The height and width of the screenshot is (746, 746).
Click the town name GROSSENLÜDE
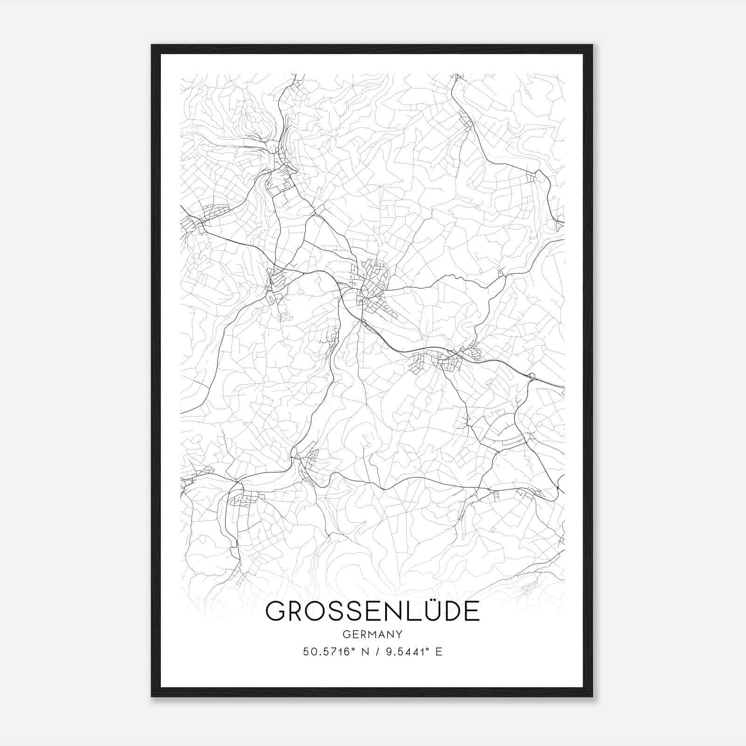(372, 611)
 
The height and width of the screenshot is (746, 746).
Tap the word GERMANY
(372, 635)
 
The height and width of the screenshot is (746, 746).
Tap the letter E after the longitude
(439, 652)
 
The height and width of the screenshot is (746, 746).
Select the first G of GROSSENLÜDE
(276, 611)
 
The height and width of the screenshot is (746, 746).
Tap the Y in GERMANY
(399, 635)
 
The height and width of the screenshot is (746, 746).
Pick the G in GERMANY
(345, 635)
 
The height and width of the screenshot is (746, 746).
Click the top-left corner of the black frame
(152, 45)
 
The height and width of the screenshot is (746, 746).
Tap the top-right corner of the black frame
(592, 45)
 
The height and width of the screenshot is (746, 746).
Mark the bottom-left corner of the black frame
(152, 696)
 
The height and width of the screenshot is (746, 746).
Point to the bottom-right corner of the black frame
(592, 696)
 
